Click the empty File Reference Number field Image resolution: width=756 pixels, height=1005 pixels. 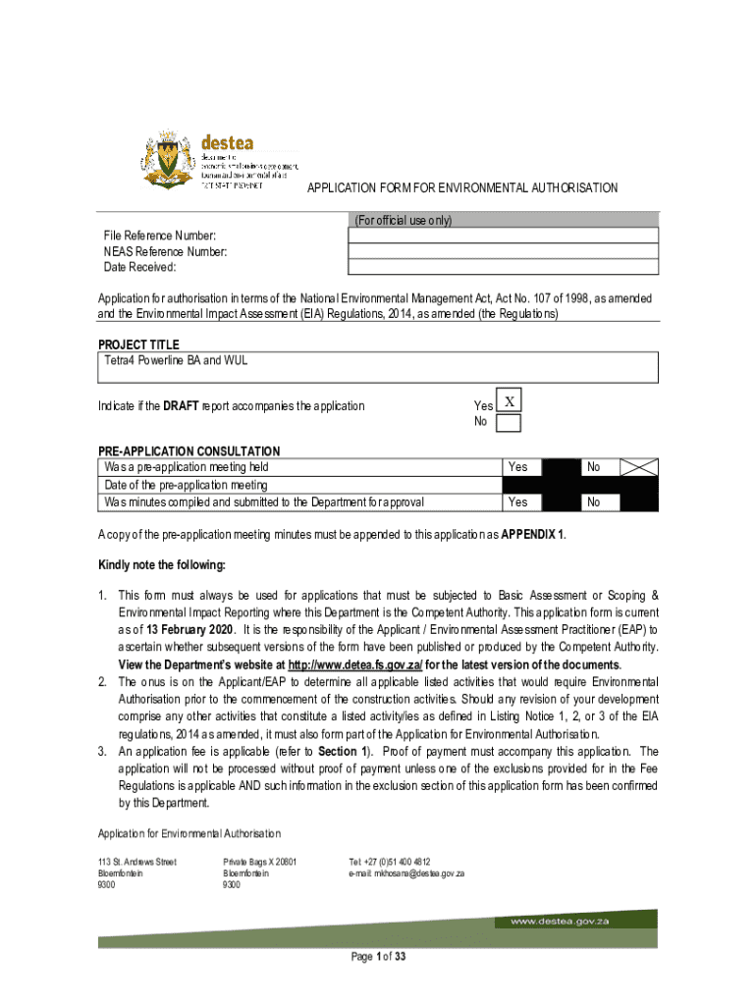[504, 236]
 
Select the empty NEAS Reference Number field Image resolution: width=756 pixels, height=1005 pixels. [504, 251]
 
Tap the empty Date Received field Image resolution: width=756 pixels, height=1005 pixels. [504, 267]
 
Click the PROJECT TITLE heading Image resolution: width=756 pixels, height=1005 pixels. [138, 344]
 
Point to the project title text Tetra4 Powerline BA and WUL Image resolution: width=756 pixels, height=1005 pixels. [176, 360]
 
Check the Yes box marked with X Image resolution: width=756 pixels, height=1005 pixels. [509, 402]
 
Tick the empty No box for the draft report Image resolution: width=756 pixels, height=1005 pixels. [509, 423]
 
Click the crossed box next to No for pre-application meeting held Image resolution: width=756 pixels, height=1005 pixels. [639, 468]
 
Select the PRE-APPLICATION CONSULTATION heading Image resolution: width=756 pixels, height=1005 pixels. [189, 451]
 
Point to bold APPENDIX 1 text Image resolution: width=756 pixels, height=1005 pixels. [533, 536]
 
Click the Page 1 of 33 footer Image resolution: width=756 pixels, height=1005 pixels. [378, 958]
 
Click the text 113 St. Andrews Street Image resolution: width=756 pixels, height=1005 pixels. [136, 862]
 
